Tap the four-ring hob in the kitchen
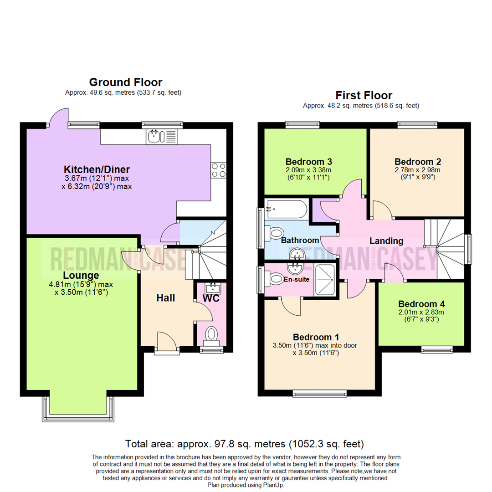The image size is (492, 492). [219, 170]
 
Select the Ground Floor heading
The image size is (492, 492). [126, 82]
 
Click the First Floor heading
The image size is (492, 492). [364, 95]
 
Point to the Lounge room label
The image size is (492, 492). [81, 275]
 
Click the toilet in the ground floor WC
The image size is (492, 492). [211, 334]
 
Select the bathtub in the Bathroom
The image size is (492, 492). [286, 209]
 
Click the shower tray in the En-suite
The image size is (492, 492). [324, 280]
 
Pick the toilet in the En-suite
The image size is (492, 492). [274, 279]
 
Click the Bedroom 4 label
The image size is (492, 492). [421, 304]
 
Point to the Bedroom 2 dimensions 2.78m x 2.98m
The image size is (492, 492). [417, 170]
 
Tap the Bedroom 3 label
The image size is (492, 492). [309, 162]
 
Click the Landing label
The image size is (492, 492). [386, 241]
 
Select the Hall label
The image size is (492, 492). [166, 298]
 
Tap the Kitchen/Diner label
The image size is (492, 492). [97, 169]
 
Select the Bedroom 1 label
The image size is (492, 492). [316, 337]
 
